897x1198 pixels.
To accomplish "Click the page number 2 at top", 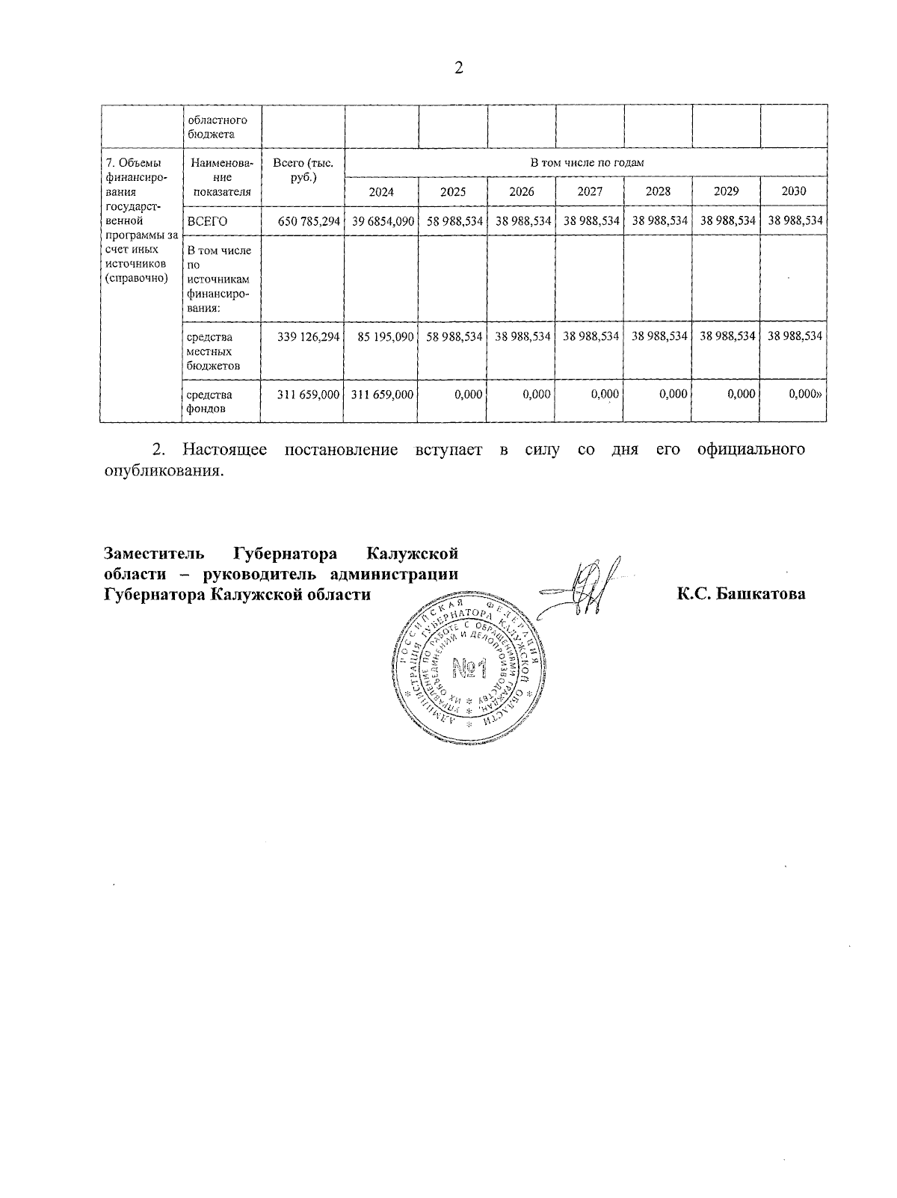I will pos(459,68).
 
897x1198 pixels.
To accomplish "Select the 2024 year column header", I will pos(381,191).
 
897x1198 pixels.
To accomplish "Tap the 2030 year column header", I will pos(794,191).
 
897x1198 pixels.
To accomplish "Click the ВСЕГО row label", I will pos(207,221).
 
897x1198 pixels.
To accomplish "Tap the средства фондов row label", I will pos(209,401).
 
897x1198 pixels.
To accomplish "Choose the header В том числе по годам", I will pos(587,163).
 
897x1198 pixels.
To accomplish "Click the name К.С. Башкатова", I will pos(741,595).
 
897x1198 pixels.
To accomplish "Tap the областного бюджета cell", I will pos(217,127).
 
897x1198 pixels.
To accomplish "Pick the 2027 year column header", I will pos(590,191).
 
